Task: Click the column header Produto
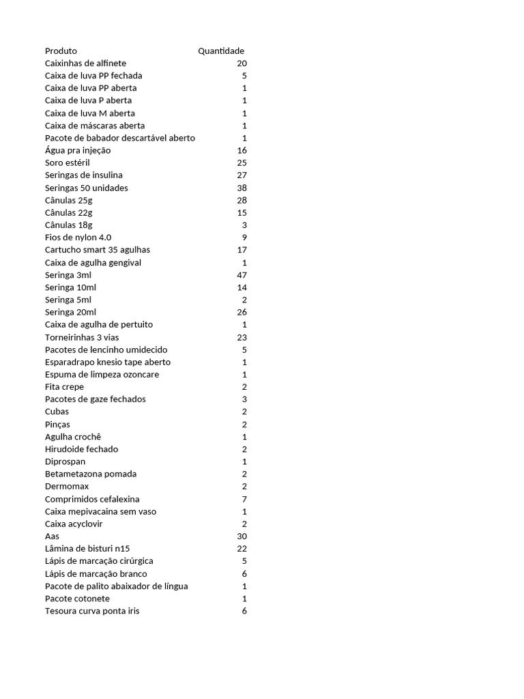click(x=61, y=51)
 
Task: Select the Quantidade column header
click(x=221, y=51)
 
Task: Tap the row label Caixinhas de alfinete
click(x=85, y=63)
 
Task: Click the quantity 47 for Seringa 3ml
click(x=242, y=275)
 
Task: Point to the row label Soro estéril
click(x=67, y=163)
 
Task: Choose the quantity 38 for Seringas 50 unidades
click(x=242, y=188)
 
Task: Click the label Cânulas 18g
click(x=68, y=225)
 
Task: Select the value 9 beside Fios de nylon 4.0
click(x=244, y=238)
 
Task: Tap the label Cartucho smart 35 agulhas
click(x=97, y=250)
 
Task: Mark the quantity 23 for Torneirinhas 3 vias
click(x=242, y=337)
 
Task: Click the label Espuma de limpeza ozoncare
click(x=102, y=375)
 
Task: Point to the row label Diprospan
click(x=65, y=461)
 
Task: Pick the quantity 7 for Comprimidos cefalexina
click(x=244, y=499)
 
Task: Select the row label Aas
click(x=52, y=537)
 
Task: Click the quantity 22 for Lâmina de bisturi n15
click(x=242, y=549)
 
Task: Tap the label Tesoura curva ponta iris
click(x=92, y=611)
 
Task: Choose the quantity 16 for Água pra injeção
click(x=242, y=150)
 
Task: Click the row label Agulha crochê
click(x=73, y=437)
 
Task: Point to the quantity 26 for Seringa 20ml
click(x=242, y=312)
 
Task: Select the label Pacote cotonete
click(x=77, y=599)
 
